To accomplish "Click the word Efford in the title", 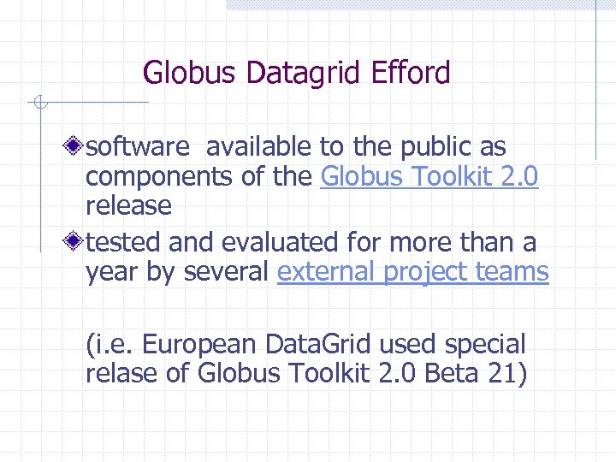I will pyautogui.click(x=411, y=74).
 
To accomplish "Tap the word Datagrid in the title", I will pyautogui.click(x=304, y=74).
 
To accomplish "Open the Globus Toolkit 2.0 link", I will pyautogui.click(x=429, y=176).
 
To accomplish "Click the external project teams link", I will pyautogui.click(x=413, y=272).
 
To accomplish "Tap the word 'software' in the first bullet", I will pyautogui.click(x=138, y=148).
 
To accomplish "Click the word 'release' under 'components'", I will pyautogui.click(x=128, y=205).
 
